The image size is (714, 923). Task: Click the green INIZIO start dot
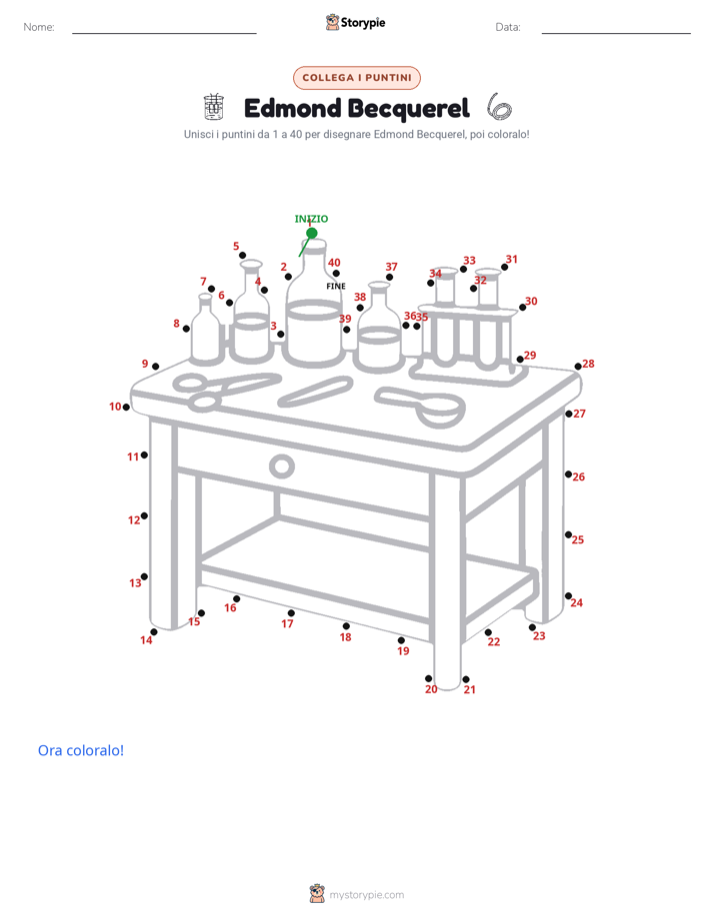312,233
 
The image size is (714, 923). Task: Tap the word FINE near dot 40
336,286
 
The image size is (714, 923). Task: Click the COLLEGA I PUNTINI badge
357,78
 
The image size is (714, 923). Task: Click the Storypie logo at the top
355,22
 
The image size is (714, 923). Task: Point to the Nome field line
164,33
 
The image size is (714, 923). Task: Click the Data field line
616,33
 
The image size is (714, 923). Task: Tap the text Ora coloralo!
81,750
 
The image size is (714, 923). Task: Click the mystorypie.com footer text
366,895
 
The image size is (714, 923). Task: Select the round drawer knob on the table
282,457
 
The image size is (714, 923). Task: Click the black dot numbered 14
154,632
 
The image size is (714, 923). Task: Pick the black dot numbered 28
578,367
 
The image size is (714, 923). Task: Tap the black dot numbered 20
428,678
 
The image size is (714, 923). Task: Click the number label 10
115,407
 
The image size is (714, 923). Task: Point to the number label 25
578,539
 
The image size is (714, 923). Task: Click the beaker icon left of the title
214,107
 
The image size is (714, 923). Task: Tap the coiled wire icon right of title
499,107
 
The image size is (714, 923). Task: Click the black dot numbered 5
243,256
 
